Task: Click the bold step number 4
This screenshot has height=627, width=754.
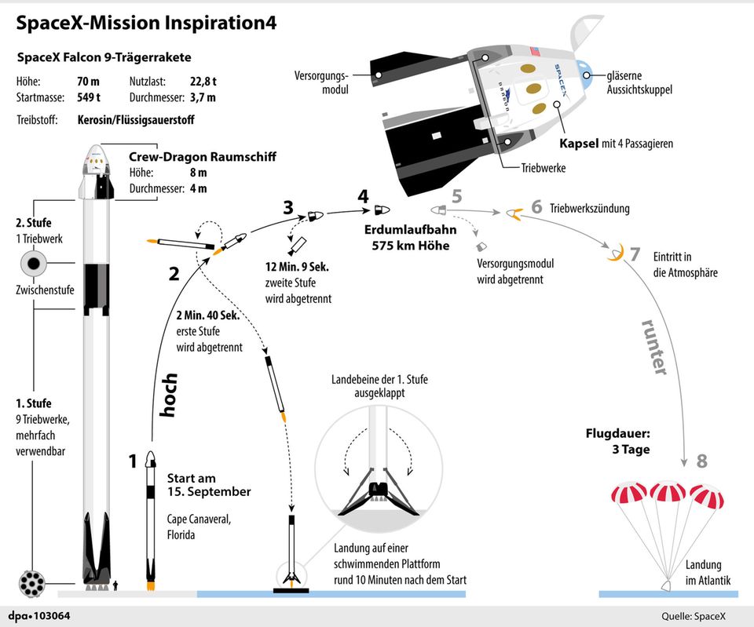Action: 363,196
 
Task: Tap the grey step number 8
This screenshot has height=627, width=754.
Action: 701,461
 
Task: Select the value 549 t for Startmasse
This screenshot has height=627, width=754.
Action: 88,97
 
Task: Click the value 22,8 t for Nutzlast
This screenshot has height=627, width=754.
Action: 202,81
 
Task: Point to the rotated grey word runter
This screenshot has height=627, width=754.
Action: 653,345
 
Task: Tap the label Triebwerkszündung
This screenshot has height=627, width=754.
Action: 590,209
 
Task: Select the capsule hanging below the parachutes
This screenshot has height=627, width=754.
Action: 664,585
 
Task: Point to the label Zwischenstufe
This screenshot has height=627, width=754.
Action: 45,290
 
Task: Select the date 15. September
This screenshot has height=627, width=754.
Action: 209,492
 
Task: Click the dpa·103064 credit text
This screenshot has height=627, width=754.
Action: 40,616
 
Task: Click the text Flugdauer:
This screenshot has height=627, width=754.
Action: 617,433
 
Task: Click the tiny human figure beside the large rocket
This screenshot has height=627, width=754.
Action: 116,584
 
